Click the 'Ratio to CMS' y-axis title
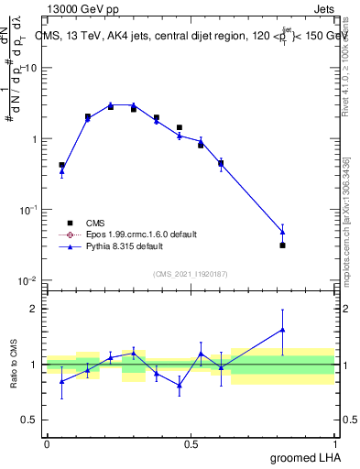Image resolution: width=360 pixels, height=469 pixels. click(x=16, y=365)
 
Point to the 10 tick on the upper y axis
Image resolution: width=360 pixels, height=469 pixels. click(x=31, y=69)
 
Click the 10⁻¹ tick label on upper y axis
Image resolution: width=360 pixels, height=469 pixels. click(x=29, y=210)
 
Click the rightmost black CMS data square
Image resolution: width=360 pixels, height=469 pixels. click(x=282, y=245)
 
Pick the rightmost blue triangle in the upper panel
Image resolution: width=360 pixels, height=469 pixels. click(x=282, y=232)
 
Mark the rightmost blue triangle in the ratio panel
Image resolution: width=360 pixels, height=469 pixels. click(x=282, y=330)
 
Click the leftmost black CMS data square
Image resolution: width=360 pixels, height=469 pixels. click(x=61, y=165)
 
